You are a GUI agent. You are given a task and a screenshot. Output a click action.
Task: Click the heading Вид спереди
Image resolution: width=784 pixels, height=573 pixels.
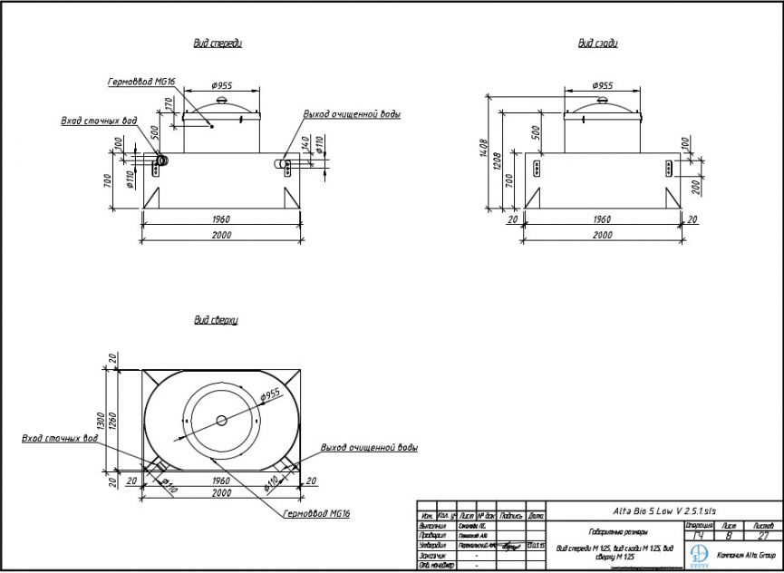tap(218, 43)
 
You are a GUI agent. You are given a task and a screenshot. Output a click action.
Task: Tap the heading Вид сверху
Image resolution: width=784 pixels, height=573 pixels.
tap(215, 320)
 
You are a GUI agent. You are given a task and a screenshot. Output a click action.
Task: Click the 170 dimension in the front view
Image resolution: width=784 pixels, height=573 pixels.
tap(169, 105)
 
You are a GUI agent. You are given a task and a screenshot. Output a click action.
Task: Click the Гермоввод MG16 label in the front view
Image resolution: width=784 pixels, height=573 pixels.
tap(141, 81)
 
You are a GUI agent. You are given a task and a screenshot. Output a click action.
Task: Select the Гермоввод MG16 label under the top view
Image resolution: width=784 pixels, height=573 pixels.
tap(316, 512)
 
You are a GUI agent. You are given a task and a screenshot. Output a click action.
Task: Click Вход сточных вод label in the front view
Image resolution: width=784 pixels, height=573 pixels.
tap(99, 121)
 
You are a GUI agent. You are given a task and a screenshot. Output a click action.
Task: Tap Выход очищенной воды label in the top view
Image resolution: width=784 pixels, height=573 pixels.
tap(369, 448)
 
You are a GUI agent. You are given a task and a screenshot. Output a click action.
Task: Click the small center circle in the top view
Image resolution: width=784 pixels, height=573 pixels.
tap(221, 420)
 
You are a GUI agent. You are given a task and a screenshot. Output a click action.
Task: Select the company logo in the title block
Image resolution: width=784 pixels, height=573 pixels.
tap(699, 553)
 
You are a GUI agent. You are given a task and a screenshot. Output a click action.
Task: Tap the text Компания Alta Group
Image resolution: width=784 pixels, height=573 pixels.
tap(746, 554)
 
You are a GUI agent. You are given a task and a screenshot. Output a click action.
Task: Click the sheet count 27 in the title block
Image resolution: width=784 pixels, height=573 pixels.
tap(762, 536)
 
